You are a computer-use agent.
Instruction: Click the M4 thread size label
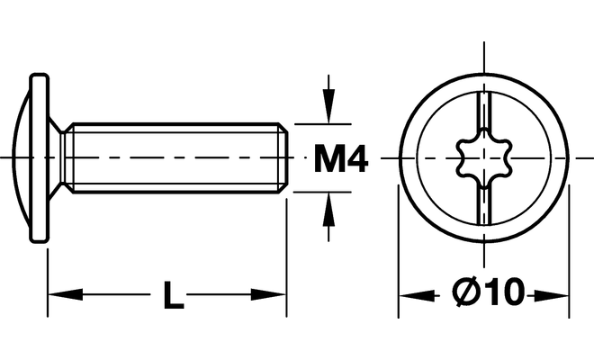click(341, 158)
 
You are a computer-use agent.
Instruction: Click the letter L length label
click(174, 295)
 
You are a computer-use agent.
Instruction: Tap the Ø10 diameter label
click(489, 292)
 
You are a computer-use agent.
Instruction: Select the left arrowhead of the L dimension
click(65, 294)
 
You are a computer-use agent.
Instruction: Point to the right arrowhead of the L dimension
click(268, 294)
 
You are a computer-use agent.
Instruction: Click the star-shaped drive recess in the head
click(484, 157)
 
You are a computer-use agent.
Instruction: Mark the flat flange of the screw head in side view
click(40, 157)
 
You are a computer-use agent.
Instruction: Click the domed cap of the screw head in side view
click(22, 157)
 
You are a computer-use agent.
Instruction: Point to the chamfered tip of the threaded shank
click(283, 157)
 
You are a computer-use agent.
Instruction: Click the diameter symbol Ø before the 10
click(465, 292)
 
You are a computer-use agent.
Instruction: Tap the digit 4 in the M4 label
click(356, 158)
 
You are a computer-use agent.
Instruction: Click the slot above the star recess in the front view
click(484, 111)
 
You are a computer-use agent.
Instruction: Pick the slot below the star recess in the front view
click(484, 205)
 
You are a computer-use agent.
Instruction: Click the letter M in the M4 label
click(328, 159)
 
